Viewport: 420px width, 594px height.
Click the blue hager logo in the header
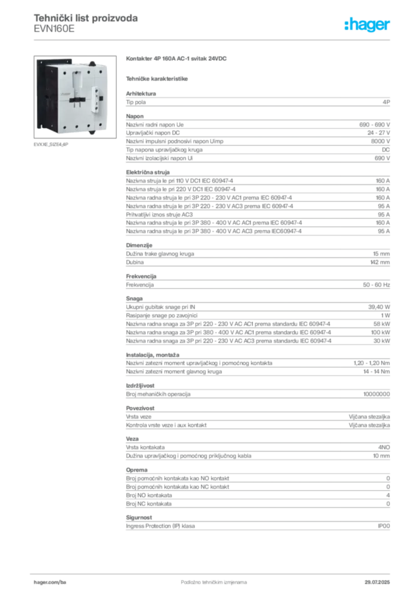(368, 25)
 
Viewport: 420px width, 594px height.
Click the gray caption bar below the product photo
(50, 144)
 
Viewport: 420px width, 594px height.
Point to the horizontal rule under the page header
(213, 40)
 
